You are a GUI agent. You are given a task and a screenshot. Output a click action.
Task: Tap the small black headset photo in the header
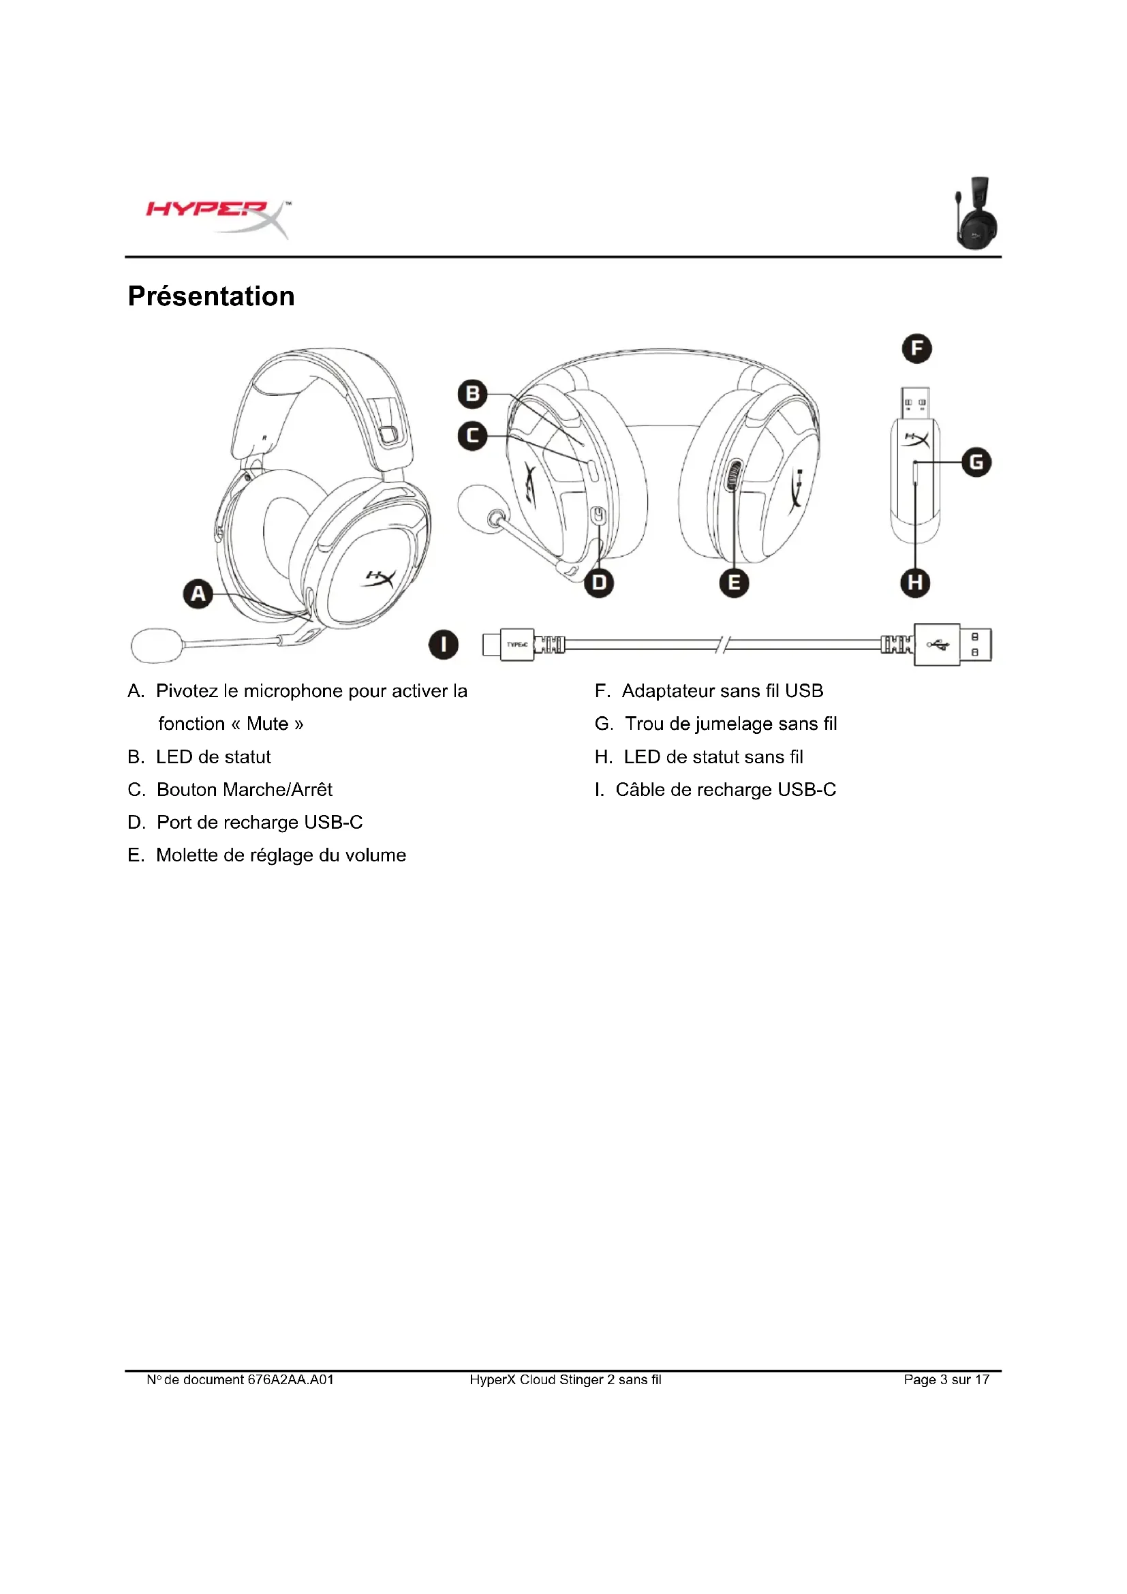[x=976, y=213]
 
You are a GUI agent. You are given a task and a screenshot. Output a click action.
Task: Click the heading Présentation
[x=211, y=296]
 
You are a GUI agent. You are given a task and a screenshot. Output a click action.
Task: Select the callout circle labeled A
[x=198, y=594]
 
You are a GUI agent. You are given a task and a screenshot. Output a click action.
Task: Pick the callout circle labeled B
[x=473, y=394]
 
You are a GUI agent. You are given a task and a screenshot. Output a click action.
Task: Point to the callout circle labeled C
[x=473, y=436]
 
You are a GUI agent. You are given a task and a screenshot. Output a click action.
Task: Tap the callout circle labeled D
[x=599, y=583]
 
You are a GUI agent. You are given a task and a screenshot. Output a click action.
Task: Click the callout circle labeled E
[x=735, y=583]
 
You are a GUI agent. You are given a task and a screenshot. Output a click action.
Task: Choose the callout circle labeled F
[x=916, y=348]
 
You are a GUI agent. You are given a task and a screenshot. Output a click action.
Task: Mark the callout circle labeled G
[x=976, y=462]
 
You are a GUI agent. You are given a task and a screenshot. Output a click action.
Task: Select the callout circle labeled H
[x=915, y=583]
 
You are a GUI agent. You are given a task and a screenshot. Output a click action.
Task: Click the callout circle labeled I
[x=444, y=644]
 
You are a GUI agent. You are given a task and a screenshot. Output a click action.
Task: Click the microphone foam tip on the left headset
[x=157, y=645]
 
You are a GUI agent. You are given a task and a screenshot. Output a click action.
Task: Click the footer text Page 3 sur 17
[x=946, y=1379]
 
